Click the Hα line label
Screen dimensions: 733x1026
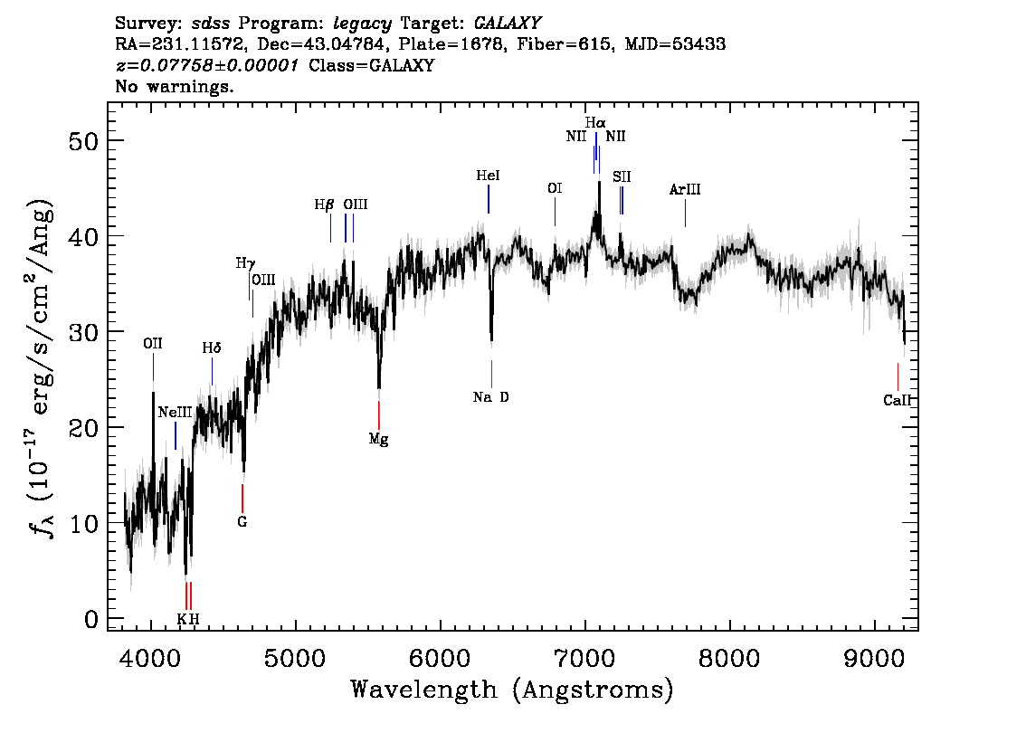tap(594, 122)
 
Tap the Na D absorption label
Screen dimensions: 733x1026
tap(491, 396)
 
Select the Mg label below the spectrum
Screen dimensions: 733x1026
tap(379, 439)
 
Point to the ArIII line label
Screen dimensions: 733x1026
tap(685, 190)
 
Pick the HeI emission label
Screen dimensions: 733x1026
tap(488, 176)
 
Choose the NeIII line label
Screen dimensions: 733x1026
tap(175, 413)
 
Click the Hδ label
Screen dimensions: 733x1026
tap(211, 347)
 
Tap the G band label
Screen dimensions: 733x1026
tap(242, 521)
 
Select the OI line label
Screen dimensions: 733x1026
tap(555, 188)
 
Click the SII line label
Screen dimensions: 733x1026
tap(622, 176)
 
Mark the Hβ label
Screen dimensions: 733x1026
tap(325, 205)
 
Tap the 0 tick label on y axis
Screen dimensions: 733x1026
tap(90, 619)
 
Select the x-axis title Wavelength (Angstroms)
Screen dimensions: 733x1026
tap(512, 690)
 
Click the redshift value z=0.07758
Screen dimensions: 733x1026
tap(207, 66)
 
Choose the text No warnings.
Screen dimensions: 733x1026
tap(175, 87)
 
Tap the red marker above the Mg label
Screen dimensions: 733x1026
tap(378, 414)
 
